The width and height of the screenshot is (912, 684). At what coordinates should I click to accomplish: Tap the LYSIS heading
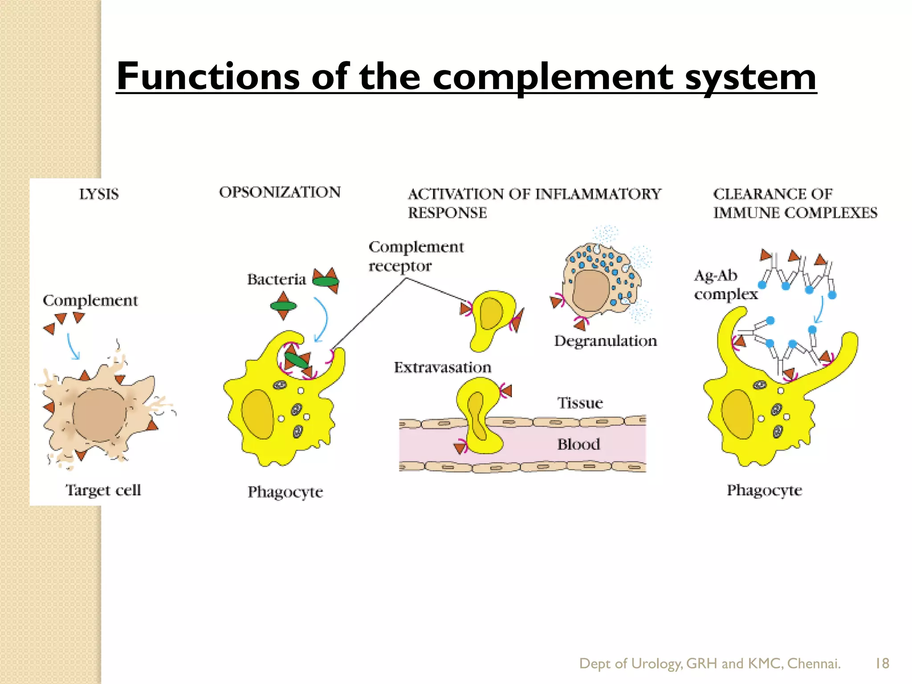99,195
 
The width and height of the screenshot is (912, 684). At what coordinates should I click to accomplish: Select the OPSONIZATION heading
280,192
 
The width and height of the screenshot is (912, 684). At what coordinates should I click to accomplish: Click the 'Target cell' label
103,490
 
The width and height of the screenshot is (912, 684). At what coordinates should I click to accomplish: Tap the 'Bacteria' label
277,280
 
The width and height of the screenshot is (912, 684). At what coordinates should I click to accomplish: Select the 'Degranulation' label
605,341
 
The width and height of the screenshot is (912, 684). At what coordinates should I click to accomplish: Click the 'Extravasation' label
442,368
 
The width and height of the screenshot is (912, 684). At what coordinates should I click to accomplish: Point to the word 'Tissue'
580,403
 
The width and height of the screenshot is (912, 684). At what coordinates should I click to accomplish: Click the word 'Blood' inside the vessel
578,444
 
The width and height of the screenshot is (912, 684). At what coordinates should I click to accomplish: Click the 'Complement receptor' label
415,256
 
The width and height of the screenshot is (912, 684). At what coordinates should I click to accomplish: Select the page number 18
882,664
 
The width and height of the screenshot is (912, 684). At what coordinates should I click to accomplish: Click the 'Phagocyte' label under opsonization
285,492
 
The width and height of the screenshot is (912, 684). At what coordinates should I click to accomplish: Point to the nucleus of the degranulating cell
591,290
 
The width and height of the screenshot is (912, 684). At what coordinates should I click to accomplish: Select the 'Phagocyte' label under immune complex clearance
764,490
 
